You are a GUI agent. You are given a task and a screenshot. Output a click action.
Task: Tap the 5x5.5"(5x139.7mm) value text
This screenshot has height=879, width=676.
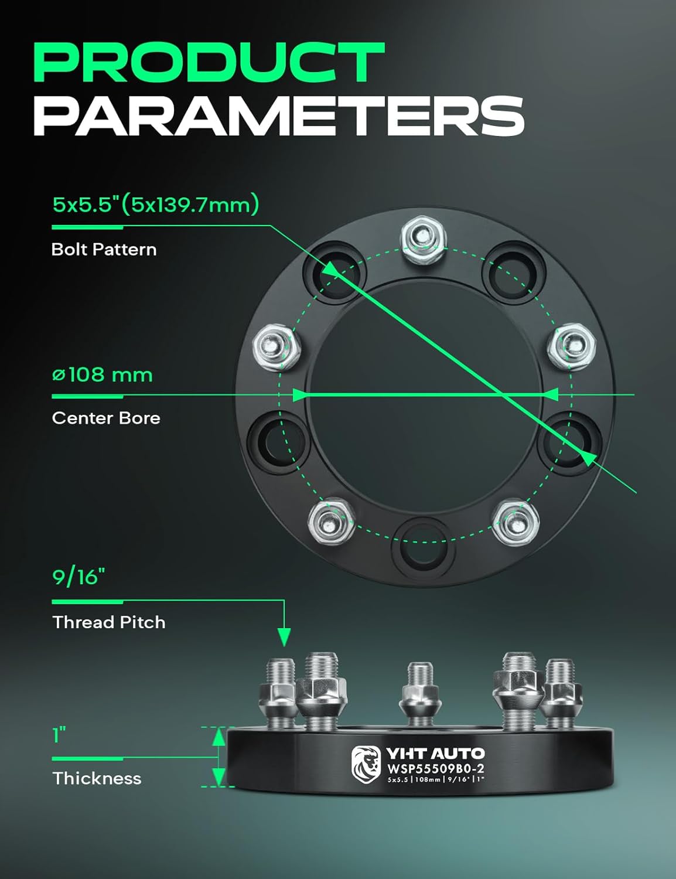[x=155, y=205]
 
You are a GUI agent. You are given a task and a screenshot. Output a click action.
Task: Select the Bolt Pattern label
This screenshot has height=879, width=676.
[x=104, y=250]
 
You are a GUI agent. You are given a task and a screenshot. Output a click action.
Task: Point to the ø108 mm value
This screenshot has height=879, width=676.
[x=102, y=374]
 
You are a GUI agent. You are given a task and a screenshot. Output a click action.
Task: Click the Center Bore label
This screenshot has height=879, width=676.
[x=105, y=418]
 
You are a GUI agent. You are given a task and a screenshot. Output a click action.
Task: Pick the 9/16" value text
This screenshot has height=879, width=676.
[x=78, y=577]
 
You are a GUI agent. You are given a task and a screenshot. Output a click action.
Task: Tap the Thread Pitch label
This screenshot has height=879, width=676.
[x=108, y=622]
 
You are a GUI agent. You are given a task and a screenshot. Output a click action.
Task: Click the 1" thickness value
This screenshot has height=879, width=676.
[x=59, y=735]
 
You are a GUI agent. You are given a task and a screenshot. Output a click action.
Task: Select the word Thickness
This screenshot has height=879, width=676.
[x=97, y=779]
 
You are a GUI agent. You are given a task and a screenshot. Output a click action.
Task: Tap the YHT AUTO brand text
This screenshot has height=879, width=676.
[x=435, y=754]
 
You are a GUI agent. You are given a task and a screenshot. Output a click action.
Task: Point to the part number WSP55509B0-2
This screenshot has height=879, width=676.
[x=435, y=769]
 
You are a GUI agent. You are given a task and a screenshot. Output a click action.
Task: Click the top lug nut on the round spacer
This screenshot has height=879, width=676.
[x=424, y=239]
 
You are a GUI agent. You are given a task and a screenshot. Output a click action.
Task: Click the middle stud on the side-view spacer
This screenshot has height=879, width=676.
[x=419, y=694]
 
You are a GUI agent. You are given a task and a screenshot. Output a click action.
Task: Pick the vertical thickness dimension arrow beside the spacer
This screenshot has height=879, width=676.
[x=218, y=757]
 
